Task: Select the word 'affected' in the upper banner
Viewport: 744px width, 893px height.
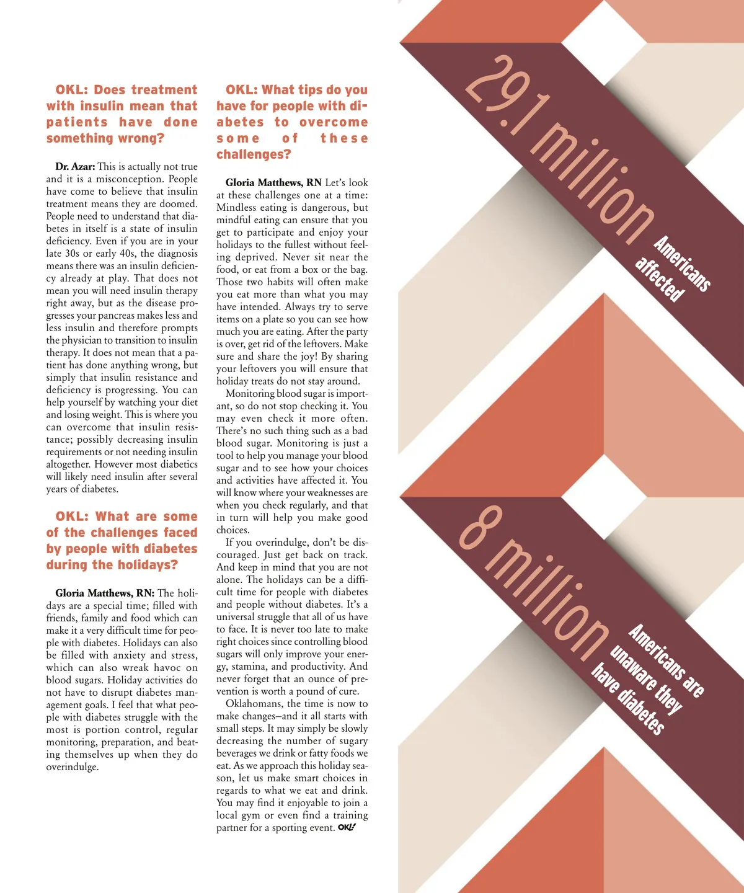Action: [x=660, y=278]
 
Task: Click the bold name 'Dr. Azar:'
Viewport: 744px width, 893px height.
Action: [x=75, y=167]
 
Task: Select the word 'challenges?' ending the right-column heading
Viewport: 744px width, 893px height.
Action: [x=254, y=154]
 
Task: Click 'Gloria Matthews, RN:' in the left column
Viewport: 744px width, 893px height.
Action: [x=105, y=593]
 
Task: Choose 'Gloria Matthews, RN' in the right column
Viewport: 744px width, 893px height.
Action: [x=273, y=183]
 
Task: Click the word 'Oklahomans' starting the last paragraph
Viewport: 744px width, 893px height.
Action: [x=254, y=704]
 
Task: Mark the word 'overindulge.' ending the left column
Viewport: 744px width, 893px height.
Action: [x=73, y=767]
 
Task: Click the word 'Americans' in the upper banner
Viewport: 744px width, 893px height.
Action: [x=682, y=263]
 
